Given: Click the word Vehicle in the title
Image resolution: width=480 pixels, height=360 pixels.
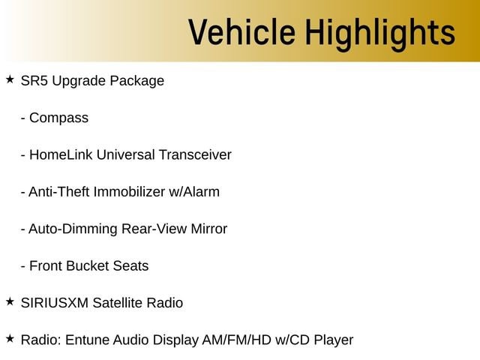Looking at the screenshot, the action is click(x=241, y=31).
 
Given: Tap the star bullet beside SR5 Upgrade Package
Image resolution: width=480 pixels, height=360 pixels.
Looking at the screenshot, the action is click(x=10, y=79).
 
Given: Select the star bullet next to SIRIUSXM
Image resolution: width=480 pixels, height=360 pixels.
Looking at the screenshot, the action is click(x=10, y=301).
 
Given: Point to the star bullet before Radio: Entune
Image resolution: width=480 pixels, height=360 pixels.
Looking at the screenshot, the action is click(x=10, y=338).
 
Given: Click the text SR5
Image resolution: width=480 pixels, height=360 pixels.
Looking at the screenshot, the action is click(x=34, y=81).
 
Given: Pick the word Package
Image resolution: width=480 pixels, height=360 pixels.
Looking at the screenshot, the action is click(x=136, y=82).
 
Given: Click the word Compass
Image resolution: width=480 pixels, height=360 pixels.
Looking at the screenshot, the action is click(x=58, y=118).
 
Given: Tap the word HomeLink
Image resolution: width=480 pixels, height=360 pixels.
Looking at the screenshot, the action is click(x=61, y=154).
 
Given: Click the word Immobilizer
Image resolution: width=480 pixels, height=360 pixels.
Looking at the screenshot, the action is click(x=129, y=192).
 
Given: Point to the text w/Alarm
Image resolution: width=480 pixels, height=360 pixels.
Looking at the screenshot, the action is click(x=194, y=192).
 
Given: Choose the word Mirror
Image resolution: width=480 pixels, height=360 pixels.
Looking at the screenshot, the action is click(x=208, y=229).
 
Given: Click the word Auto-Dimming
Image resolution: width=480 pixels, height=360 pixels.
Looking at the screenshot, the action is click(x=73, y=229).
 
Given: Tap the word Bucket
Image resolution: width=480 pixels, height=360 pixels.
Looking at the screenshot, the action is click(x=87, y=265).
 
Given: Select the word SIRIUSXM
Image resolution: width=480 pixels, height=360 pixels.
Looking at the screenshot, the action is click(x=55, y=303).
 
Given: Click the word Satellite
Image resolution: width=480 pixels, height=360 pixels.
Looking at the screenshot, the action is click(x=118, y=303).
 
